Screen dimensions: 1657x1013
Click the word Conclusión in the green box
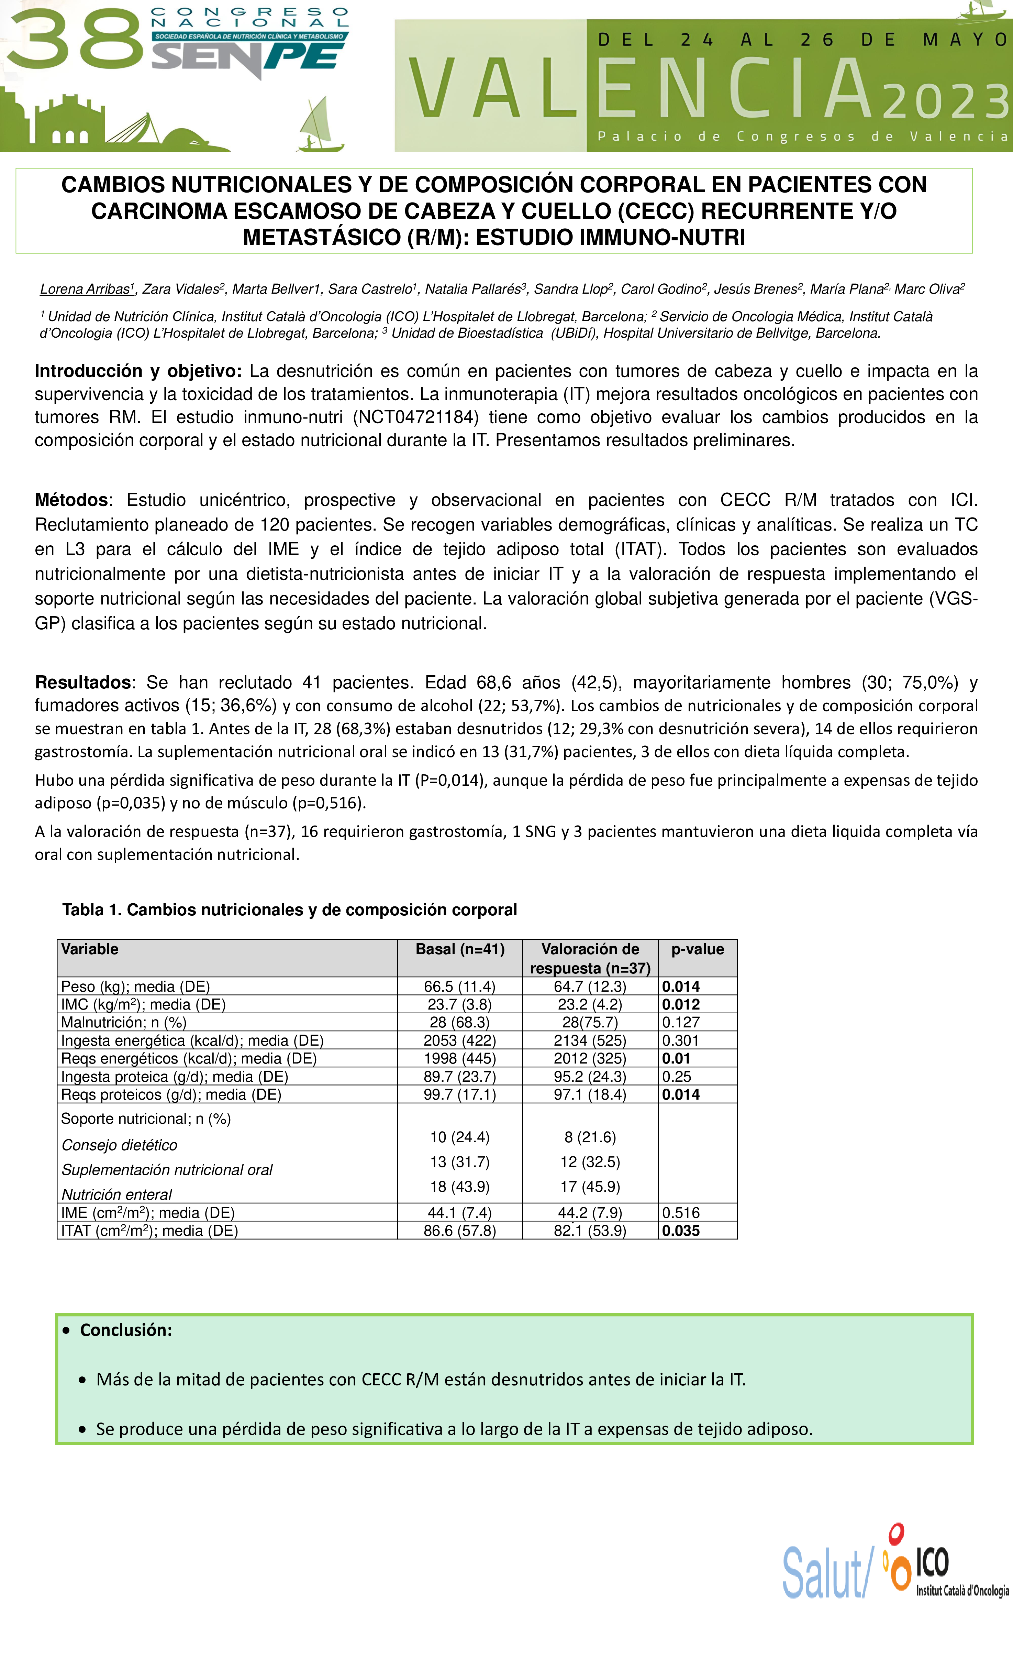tap(126, 1330)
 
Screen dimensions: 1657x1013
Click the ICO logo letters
tap(932, 1561)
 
